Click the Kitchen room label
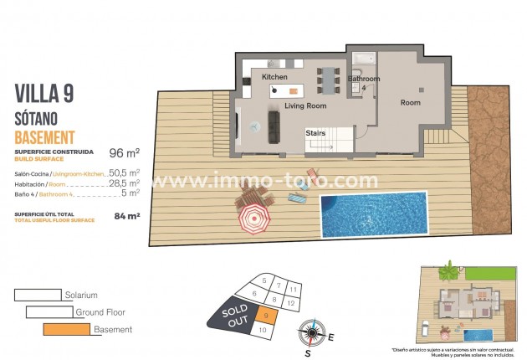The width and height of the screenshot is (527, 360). tap(274, 77)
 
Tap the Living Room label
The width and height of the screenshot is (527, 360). tap(304, 106)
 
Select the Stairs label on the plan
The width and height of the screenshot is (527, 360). tap(315, 132)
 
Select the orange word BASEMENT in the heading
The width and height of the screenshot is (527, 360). tap(45, 136)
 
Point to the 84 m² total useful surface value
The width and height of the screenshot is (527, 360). tap(126, 215)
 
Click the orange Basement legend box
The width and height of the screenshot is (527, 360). tap(66, 329)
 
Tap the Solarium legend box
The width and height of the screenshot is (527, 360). tap(38, 295)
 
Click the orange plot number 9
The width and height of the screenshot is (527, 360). tap(265, 316)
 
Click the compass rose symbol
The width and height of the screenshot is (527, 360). tap(312, 334)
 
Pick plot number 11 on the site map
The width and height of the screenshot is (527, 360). tap(293, 288)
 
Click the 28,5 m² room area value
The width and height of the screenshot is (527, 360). tap(125, 183)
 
